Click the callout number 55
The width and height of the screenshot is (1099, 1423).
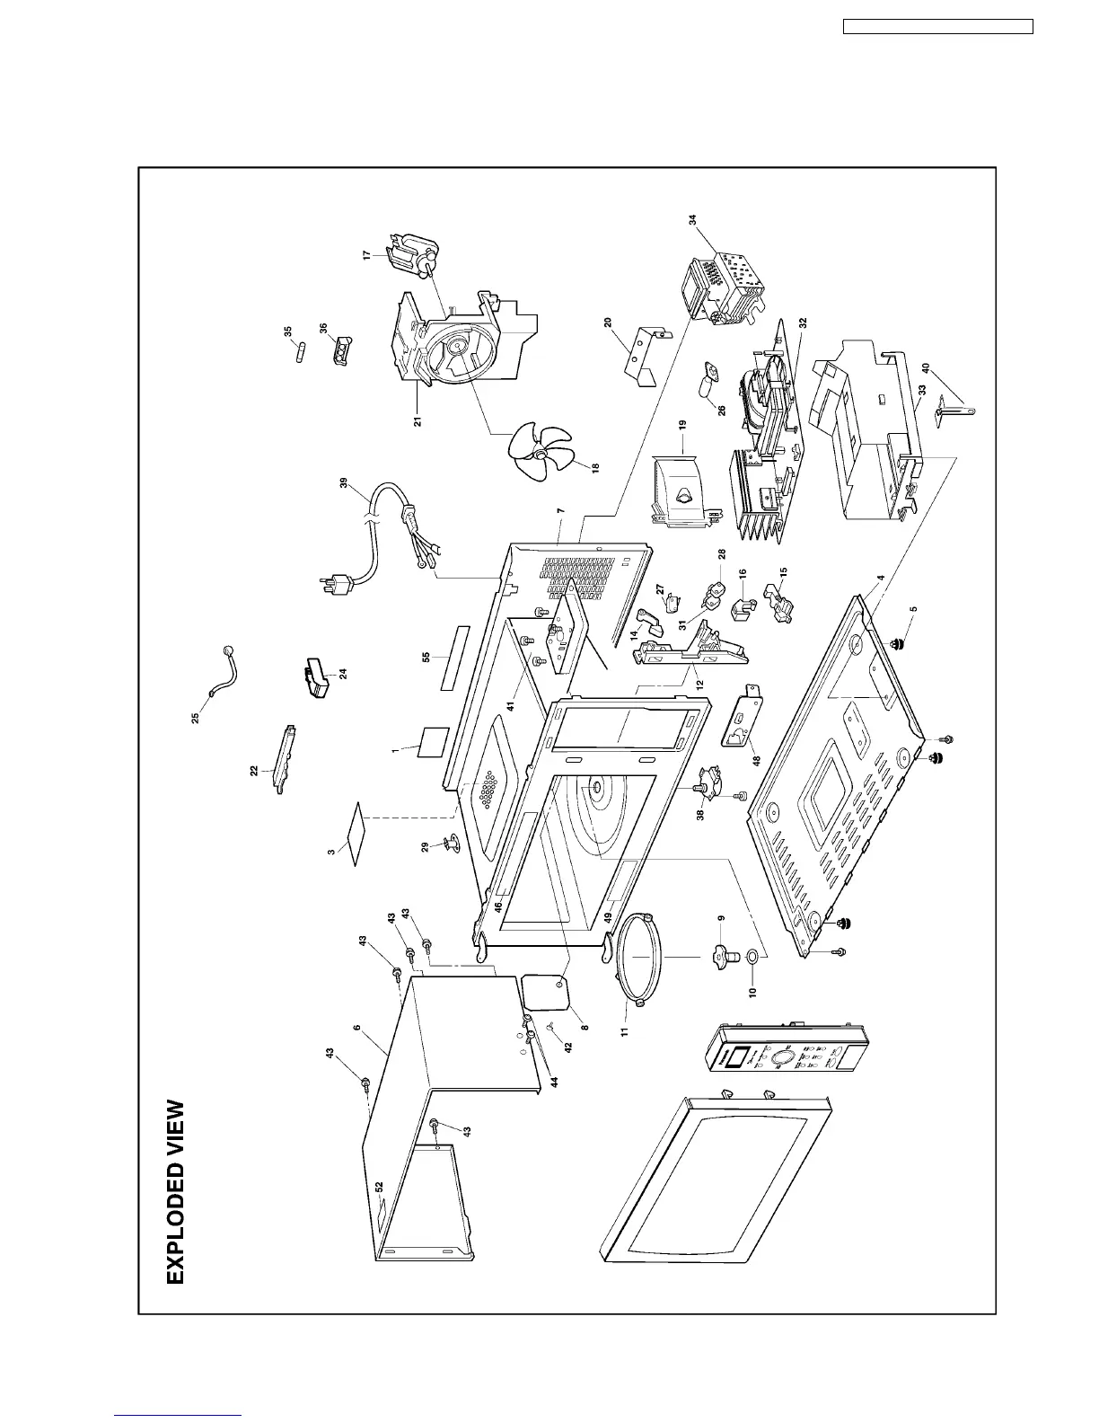426,658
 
